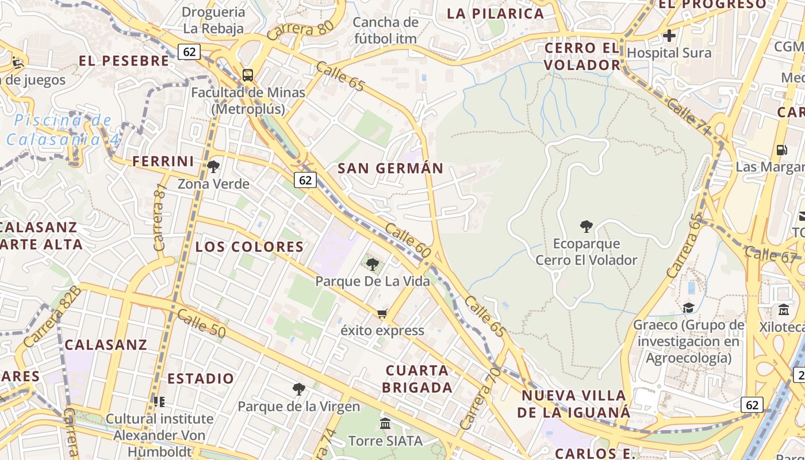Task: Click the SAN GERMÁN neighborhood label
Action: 390,168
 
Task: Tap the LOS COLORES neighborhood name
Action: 250,247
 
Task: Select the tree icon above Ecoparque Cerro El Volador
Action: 586,227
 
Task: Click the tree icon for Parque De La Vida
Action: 373,264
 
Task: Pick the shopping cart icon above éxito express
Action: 382,314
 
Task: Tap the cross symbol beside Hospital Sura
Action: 669,36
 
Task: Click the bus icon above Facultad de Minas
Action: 248,75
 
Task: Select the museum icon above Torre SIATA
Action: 385,424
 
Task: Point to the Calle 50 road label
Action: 201,323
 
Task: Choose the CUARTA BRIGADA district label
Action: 417,379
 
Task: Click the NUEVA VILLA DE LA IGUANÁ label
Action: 573,404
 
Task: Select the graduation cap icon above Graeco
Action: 688,308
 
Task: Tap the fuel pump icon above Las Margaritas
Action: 781,150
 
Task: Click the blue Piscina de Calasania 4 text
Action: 62,129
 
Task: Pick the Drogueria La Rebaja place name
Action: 213,20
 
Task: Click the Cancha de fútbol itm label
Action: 385,30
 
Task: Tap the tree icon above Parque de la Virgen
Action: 298,389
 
